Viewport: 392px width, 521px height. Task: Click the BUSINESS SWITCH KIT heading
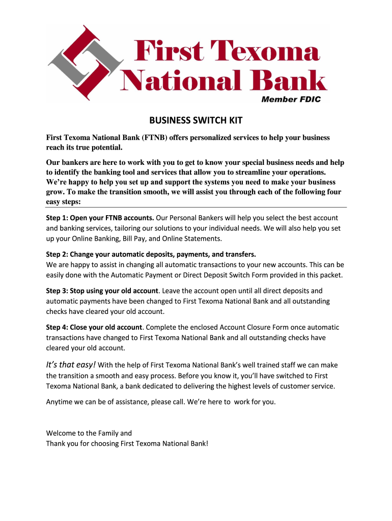pos(195,121)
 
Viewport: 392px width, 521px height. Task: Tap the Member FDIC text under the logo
pos(291,99)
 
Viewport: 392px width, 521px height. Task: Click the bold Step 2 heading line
pos(151,254)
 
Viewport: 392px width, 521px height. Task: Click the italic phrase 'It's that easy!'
pos(70,364)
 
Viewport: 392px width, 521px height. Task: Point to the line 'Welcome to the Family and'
pos(89,433)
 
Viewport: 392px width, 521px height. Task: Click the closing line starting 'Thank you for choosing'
pos(127,443)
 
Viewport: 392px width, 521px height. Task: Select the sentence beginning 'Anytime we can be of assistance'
pos(161,401)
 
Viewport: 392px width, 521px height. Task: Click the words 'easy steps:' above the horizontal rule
pos(64,201)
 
